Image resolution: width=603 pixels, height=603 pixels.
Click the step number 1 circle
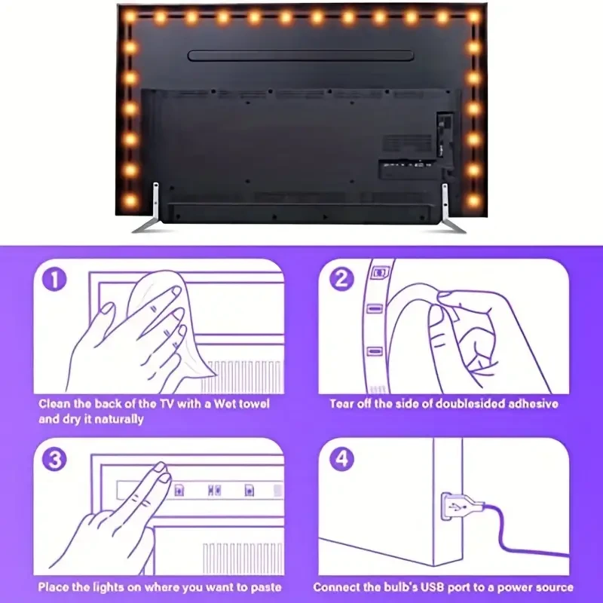click(x=54, y=280)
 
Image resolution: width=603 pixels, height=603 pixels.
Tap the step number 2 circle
click(x=342, y=280)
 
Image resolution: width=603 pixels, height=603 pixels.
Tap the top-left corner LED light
click(x=130, y=16)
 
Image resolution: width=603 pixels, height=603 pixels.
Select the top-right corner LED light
click(x=473, y=16)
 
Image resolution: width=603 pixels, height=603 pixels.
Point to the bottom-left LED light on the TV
click(x=130, y=200)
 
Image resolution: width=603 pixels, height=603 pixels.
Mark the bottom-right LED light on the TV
click(x=473, y=200)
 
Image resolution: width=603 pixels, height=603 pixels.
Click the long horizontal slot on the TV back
click(x=300, y=56)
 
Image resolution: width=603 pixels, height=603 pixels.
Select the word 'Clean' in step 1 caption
click(x=55, y=404)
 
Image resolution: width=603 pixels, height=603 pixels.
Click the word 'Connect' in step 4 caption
click(x=337, y=586)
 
